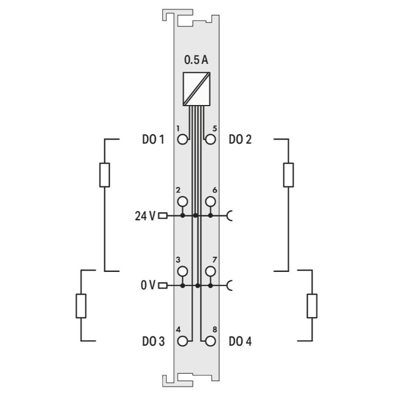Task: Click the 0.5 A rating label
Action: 196,60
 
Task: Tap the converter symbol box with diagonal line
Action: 196,89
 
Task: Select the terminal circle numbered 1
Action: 183,139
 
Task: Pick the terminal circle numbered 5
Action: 210,139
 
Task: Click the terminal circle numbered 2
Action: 183,202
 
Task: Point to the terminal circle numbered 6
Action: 210,202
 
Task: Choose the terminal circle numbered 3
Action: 183,271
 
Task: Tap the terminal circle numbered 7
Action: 210,271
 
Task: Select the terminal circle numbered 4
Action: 183,341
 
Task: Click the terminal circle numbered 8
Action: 210,341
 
